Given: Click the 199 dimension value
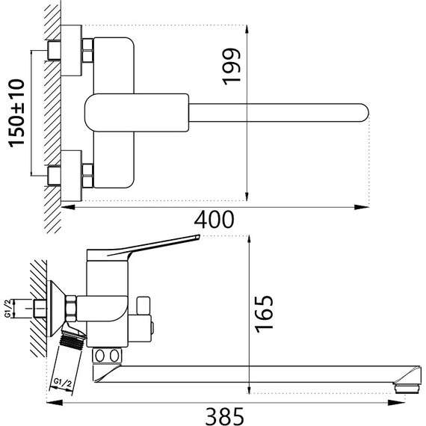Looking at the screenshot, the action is point(232,67).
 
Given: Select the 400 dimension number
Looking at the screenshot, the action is point(214,220).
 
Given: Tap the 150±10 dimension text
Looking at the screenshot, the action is point(16,114).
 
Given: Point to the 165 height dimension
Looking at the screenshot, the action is point(264,313).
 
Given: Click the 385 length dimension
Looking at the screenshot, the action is point(225,416).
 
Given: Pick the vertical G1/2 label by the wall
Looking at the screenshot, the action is point(8,309).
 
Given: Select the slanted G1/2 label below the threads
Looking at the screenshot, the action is point(62,383).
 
